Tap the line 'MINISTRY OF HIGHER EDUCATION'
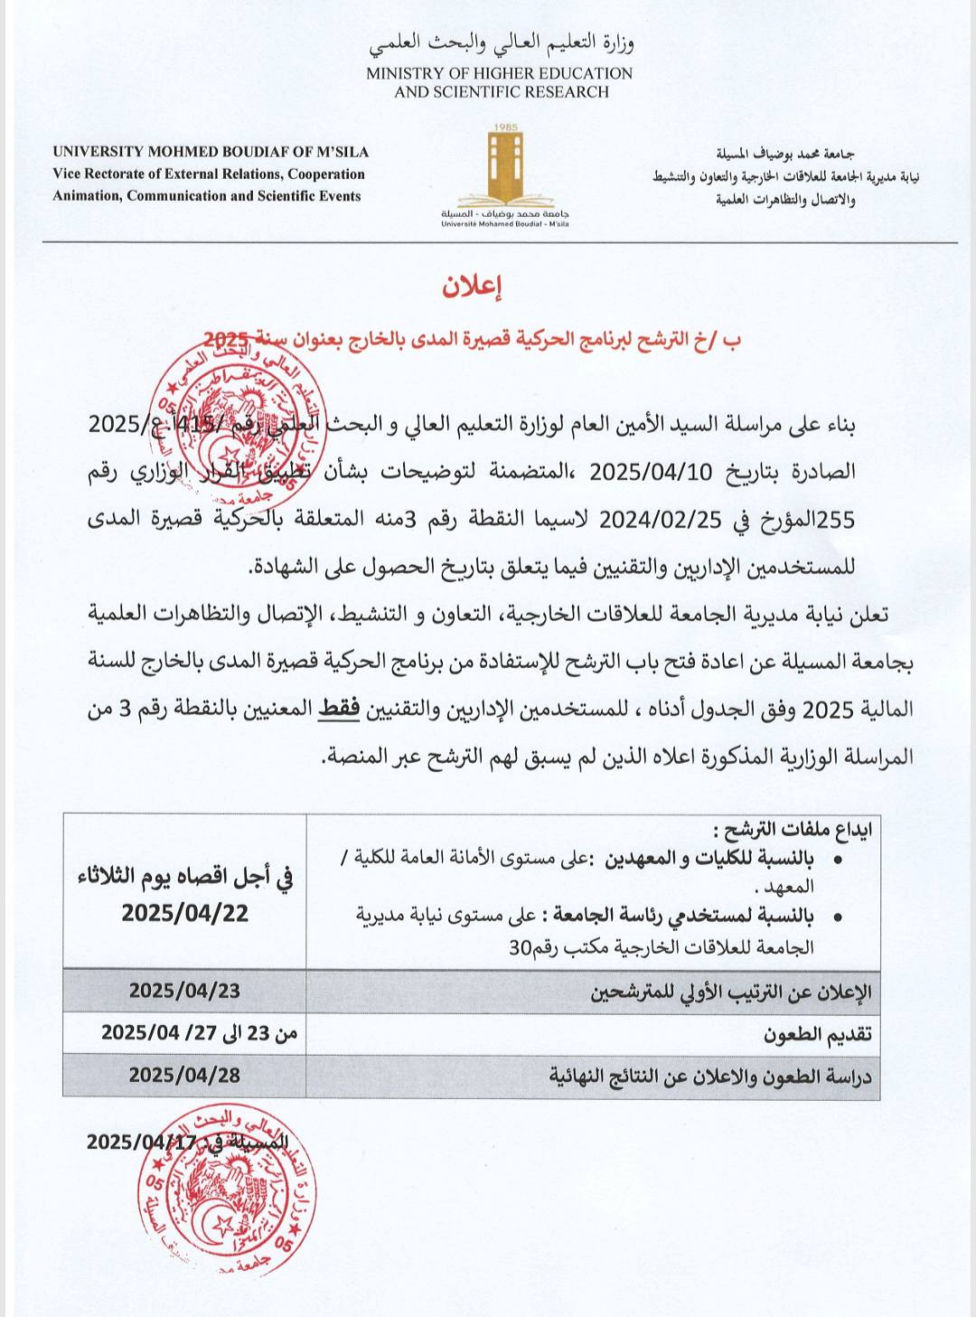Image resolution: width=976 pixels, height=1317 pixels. [x=499, y=73]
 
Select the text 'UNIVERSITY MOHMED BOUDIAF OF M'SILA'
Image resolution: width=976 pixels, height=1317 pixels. [x=211, y=152]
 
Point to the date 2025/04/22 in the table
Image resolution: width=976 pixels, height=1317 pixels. [x=185, y=913]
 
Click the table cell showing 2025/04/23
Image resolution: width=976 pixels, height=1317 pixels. [x=184, y=990]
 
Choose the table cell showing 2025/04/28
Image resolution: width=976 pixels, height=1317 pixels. [x=184, y=1074]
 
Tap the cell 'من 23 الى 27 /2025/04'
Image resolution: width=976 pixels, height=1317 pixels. [x=199, y=1032]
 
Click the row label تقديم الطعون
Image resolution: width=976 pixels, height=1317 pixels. [x=817, y=1034]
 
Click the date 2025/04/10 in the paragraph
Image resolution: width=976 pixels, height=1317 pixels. [x=651, y=472]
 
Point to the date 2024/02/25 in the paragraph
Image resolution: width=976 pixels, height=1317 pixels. [x=661, y=520]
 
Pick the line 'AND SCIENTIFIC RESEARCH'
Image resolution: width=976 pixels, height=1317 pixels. [x=502, y=92]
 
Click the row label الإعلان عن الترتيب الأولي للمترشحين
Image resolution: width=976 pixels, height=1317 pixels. [x=731, y=992]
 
